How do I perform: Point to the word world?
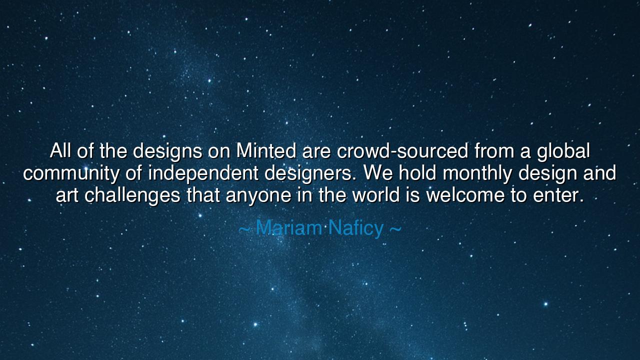click(x=376, y=195)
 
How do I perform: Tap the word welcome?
click(x=465, y=195)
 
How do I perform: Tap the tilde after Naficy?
click(x=395, y=229)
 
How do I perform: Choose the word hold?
click(x=417, y=173)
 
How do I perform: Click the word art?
click(x=67, y=195)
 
